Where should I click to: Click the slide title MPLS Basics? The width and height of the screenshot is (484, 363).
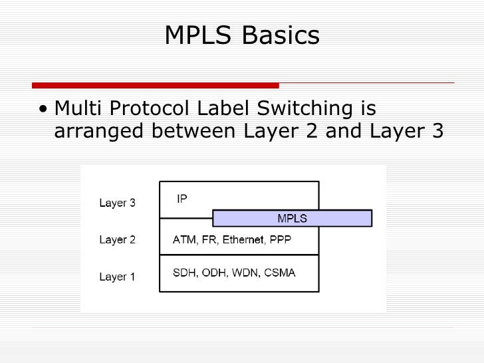(x=242, y=36)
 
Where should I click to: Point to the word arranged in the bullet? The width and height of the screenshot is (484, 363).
(x=99, y=132)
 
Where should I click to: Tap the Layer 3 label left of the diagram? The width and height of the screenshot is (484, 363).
(x=117, y=203)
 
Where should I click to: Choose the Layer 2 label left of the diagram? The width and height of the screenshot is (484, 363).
(x=117, y=240)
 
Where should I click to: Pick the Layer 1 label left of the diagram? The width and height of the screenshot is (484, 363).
(x=117, y=277)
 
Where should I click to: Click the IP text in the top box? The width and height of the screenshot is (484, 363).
(x=181, y=198)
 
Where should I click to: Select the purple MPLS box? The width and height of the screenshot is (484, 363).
(x=292, y=218)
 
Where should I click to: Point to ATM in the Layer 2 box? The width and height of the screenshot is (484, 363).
(x=184, y=239)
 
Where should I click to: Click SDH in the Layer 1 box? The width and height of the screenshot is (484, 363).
(x=185, y=273)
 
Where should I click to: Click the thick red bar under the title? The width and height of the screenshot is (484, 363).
(x=156, y=85)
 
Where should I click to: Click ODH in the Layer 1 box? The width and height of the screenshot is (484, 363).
(x=214, y=273)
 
